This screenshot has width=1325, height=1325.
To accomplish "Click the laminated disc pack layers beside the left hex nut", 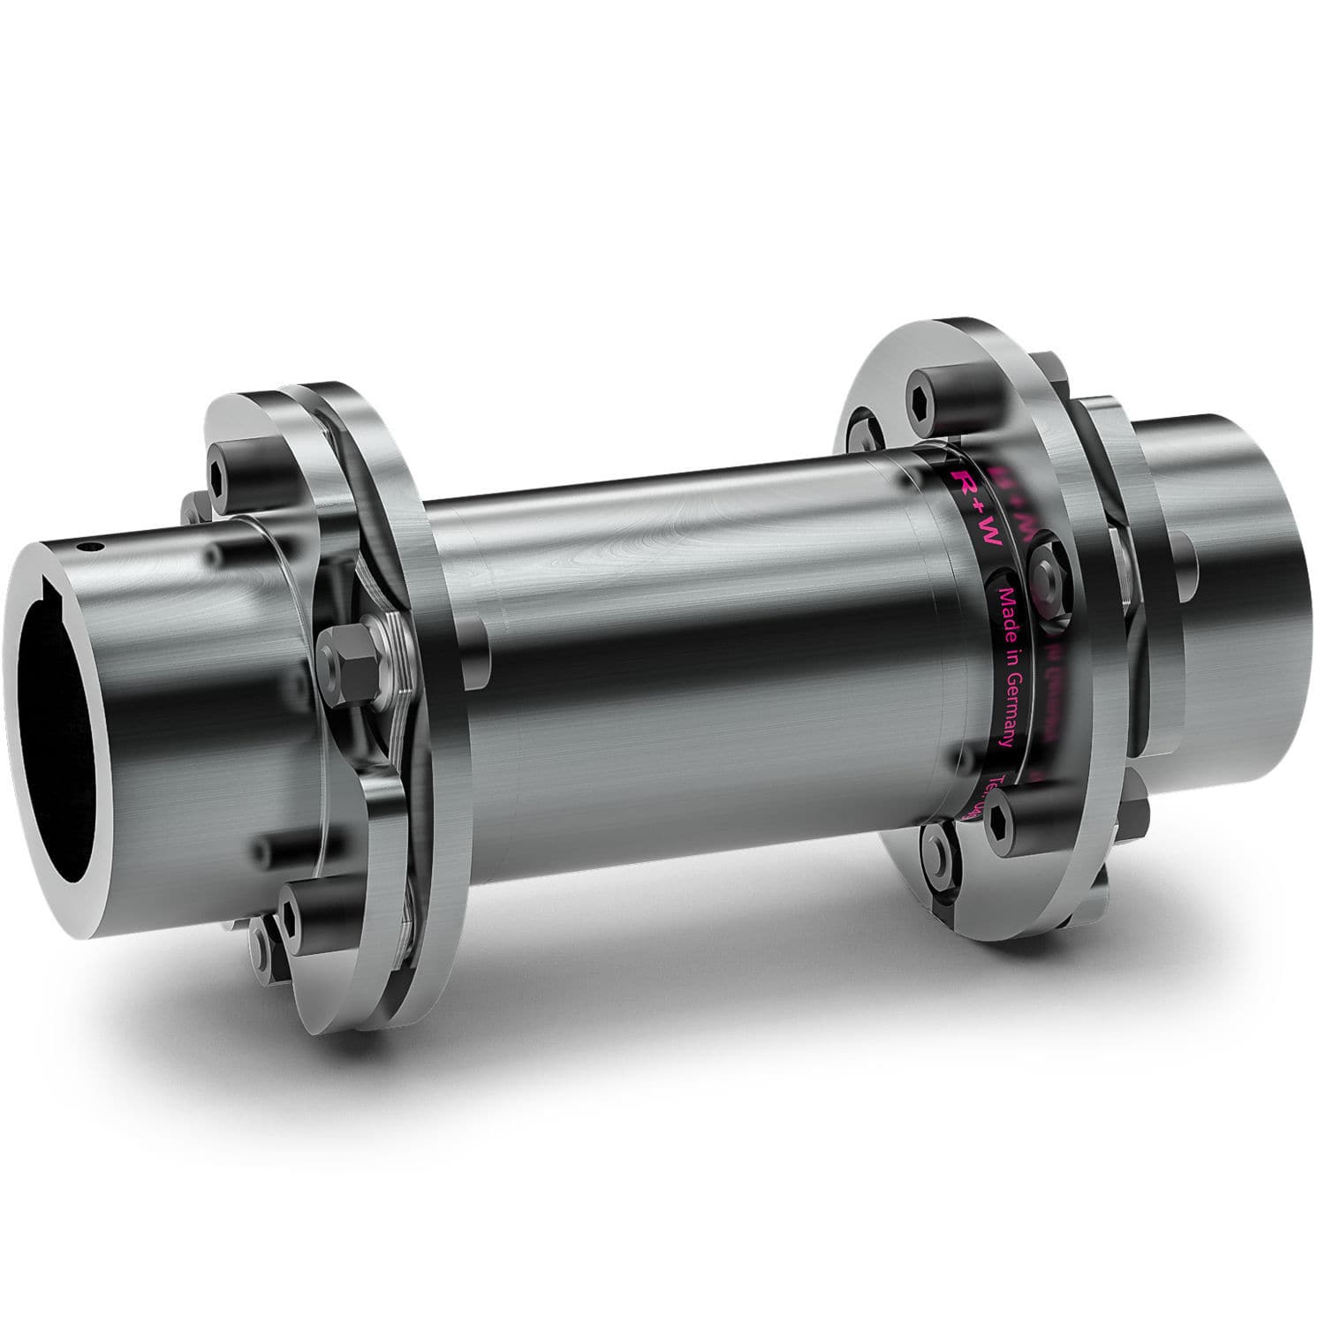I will (389, 654).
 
